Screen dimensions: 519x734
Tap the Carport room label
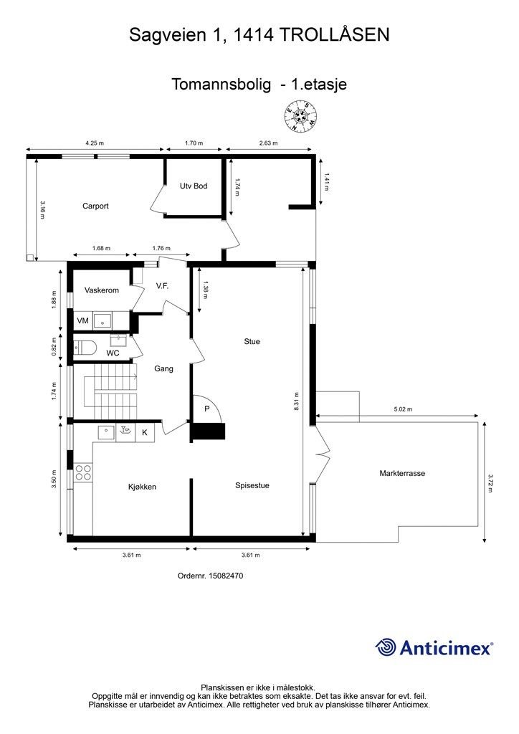(95, 206)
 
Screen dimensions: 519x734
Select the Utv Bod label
(194, 186)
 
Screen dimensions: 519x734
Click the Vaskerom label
(102, 290)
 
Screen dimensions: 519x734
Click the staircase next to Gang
(110, 391)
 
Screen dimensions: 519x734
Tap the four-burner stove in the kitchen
(83, 472)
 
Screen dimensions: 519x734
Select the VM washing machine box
(83, 320)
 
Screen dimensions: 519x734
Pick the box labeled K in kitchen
(145, 432)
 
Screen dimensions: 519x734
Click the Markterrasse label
(402, 473)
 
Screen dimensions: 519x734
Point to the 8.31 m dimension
(296, 401)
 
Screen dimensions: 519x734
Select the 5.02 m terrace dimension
(402, 409)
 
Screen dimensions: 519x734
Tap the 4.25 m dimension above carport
(95, 143)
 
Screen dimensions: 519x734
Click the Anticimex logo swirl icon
(386, 647)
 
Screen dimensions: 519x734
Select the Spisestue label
(252, 485)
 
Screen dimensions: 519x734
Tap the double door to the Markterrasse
(322, 454)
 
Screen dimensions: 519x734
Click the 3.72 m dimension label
(491, 484)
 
